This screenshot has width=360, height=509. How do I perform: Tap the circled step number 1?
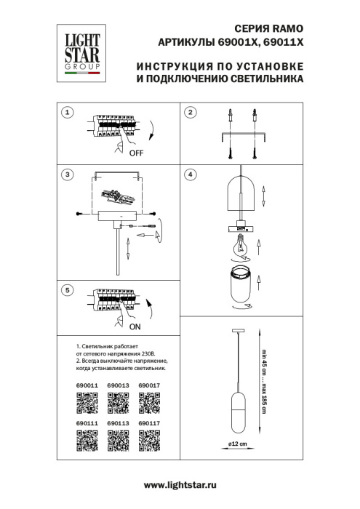point(67,113)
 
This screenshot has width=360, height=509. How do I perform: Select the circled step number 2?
point(190,113)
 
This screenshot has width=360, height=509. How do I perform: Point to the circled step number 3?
point(67,175)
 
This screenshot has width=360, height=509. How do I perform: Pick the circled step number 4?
point(190,175)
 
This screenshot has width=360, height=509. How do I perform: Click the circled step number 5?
point(67,290)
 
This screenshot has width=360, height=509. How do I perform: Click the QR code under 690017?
point(149,402)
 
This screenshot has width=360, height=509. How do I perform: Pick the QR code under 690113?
point(118,440)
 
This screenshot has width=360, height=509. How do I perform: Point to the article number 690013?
point(118,385)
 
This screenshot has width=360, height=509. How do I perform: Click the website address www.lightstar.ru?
point(180,484)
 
